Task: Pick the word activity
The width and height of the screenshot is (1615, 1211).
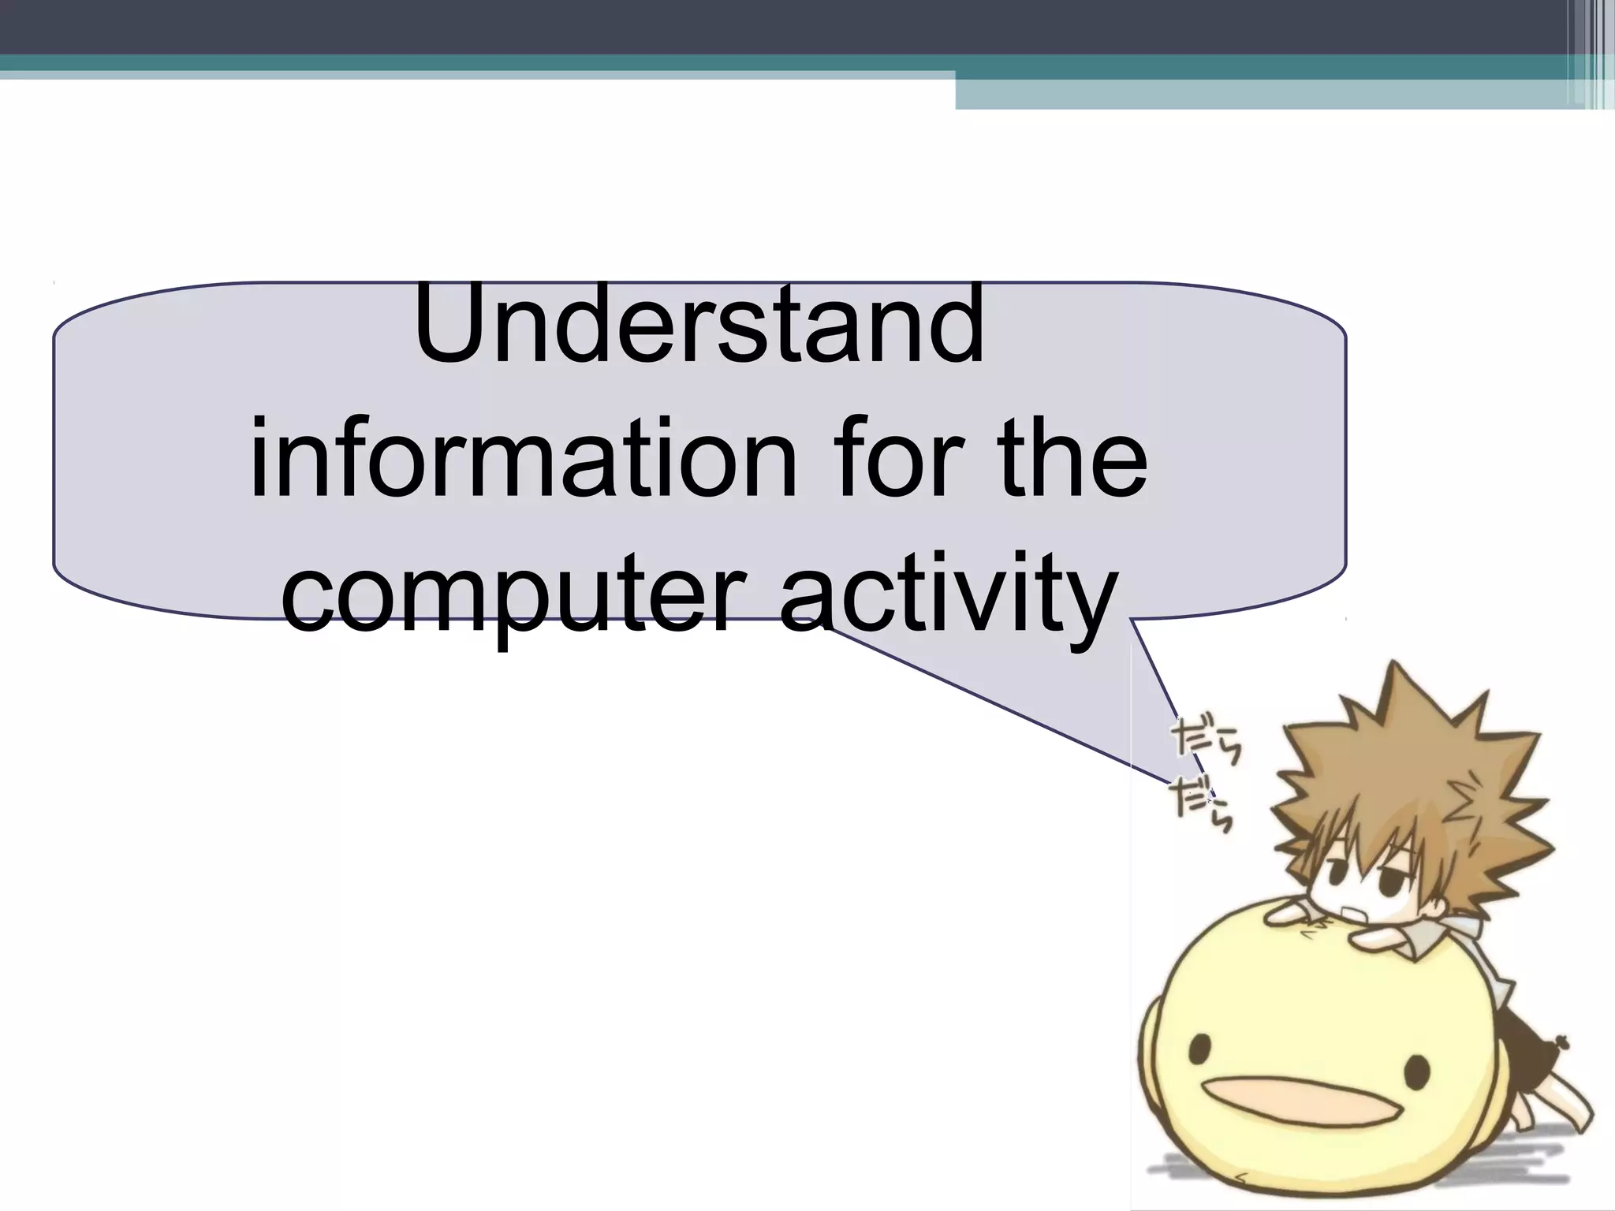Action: tap(946, 595)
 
